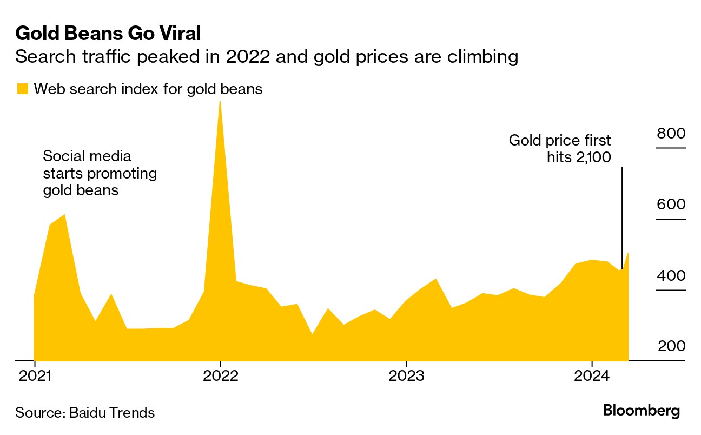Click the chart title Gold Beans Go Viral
pyautogui.click(x=108, y=34)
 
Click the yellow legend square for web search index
pyautogui.click(x=22, y=89)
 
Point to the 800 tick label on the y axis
pyautogui.click(x=670, y=133)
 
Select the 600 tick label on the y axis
pyautogui.click(x=670, y=205)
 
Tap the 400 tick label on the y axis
pyautogui.click(x=670, y=275)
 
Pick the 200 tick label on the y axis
pyautogui.click(x=670, y=346)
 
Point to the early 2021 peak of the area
pyautogui.click(x=64, y=215)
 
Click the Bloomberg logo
pyautogui.click(x=641, y=411)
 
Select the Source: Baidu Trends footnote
pyautogui.click(x=85, y=413)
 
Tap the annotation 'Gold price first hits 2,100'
pyautogui.click(x=560, y=149)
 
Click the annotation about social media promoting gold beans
pyautogui.click(x=100, y=174)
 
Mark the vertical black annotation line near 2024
pyautogui.click(x=621, y=216)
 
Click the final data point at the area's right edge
pyautogui.click(x=627, y=253)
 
